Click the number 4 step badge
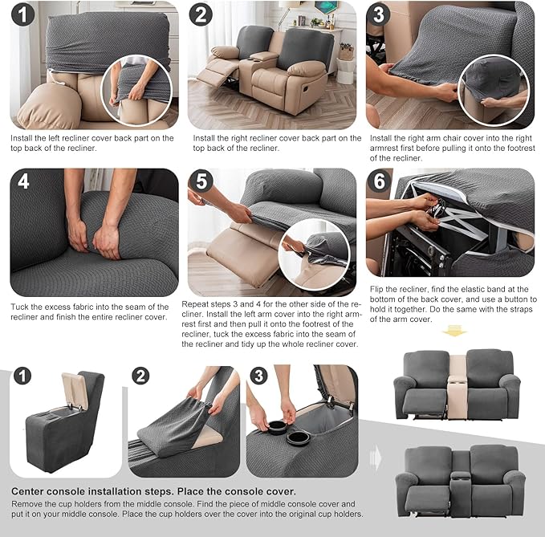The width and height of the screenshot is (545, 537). coord(24,181)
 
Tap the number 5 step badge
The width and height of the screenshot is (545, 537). coord(201,181)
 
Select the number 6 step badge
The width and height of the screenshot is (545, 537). coord(379,181)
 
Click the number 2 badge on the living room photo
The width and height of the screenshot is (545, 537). coord(201,14)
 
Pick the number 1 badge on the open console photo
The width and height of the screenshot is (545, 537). coord(24,377)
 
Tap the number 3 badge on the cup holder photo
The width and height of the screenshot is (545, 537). coord(259,377)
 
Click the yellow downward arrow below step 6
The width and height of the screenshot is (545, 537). coord(454,331)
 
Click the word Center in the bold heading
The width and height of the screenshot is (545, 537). coord(31,491)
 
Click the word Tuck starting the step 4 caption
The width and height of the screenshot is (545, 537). coord(20,307)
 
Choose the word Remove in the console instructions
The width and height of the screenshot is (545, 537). coord(27,503)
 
